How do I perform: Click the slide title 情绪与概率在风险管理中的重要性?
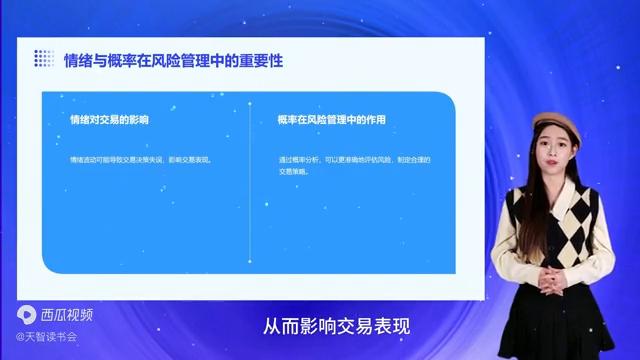174,60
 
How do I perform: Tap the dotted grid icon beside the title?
43,59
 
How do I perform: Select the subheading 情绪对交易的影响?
109,120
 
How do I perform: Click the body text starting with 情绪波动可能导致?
141,159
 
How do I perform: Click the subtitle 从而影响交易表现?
337,327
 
